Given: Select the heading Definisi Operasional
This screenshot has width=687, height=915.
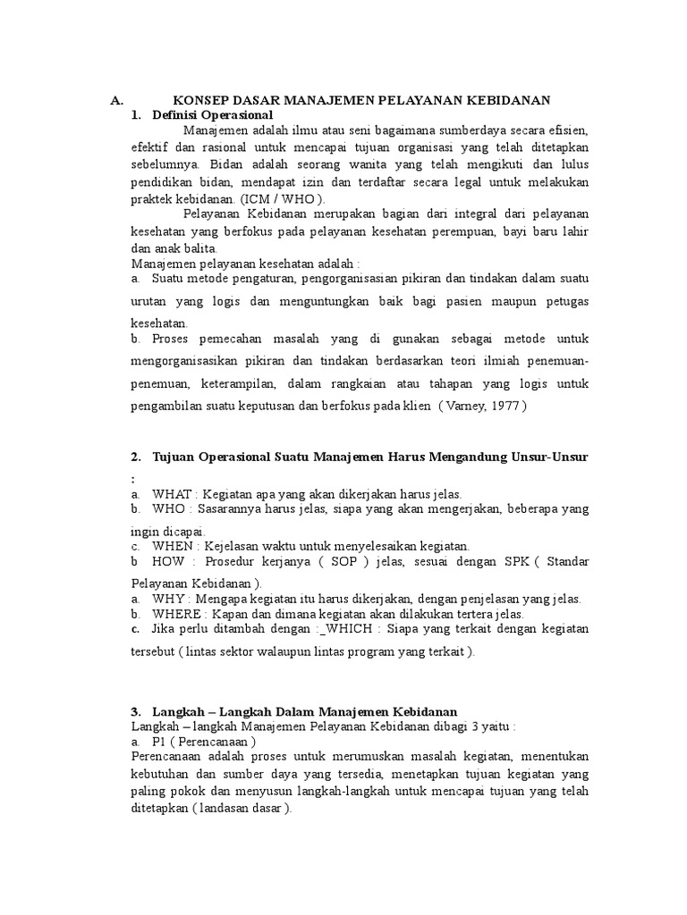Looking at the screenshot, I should click(212, 115).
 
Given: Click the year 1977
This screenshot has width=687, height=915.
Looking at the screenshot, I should click(504, 405).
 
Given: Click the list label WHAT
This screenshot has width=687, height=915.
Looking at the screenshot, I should click(172, 493).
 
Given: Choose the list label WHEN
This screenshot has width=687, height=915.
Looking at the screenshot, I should click(174, 545).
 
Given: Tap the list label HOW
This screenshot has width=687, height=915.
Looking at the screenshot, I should click(168, 562).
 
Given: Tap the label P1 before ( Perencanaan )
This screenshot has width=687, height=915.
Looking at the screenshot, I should click(160, 742).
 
